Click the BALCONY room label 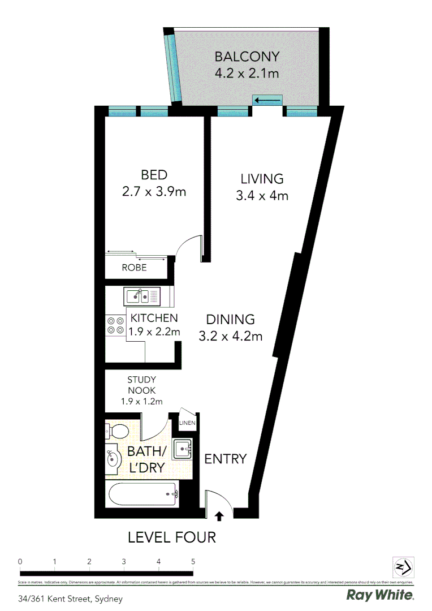(x=247, y=57)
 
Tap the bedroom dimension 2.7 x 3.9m (x=154, y=192)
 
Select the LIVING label (x=262, y=179)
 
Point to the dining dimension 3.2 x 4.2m (x=230, y=337)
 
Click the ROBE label (x=134, y=268)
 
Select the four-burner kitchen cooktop (x=116, y=325)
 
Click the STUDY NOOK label (x=141, y=390)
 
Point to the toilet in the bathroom (x=116, y=432)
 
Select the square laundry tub (x=183, y=449)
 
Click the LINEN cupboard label (x=187, y=423)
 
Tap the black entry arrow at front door (x=219, y=515)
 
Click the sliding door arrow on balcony (x=267, y=101)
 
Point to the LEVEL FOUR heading (x=172, y=537)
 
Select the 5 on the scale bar (x=193, y=562)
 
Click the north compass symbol (x=403, y=567)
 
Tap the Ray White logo (x=379, y=595)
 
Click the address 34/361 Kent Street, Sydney (x=70, y=598)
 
